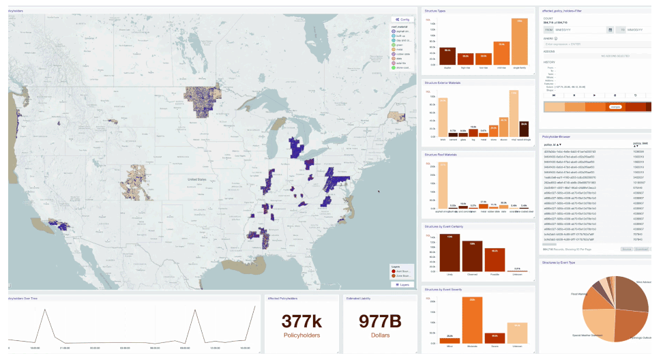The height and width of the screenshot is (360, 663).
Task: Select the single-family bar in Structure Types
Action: point(519,41)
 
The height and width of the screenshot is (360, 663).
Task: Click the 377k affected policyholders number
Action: point(301,321)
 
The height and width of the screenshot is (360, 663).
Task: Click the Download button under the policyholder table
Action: point(640,250)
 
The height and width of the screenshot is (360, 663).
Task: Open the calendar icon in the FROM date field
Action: point(609,30)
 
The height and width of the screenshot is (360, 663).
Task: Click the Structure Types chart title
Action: point(435,11)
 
